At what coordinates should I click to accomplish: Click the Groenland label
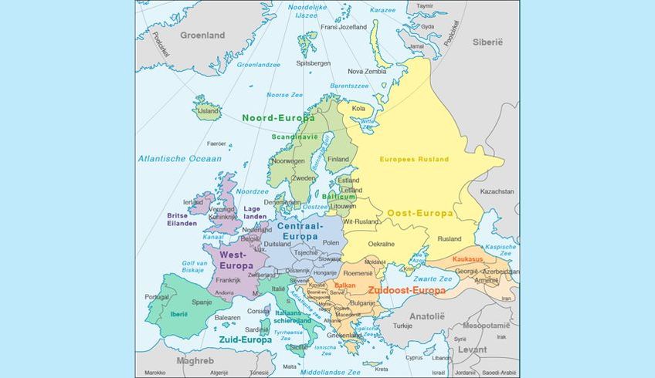coord(202,35)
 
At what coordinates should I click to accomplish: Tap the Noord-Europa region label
coord(278,118)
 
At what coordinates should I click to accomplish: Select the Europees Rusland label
coord(413,159)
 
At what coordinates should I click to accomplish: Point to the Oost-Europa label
coord(419,213)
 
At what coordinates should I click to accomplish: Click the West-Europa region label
coord(236,259)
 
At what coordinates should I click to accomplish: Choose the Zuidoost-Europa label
coord(406,291)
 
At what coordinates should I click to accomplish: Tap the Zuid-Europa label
coord(245,339)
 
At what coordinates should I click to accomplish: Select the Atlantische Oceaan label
coord(179,158)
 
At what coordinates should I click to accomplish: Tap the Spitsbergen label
coord(314,62)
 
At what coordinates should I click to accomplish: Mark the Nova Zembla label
coord(365,71)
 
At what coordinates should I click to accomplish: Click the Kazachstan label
coord(497,191)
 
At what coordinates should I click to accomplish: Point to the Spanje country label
coord(202,302)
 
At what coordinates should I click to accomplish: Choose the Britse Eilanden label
coord(182,219)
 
